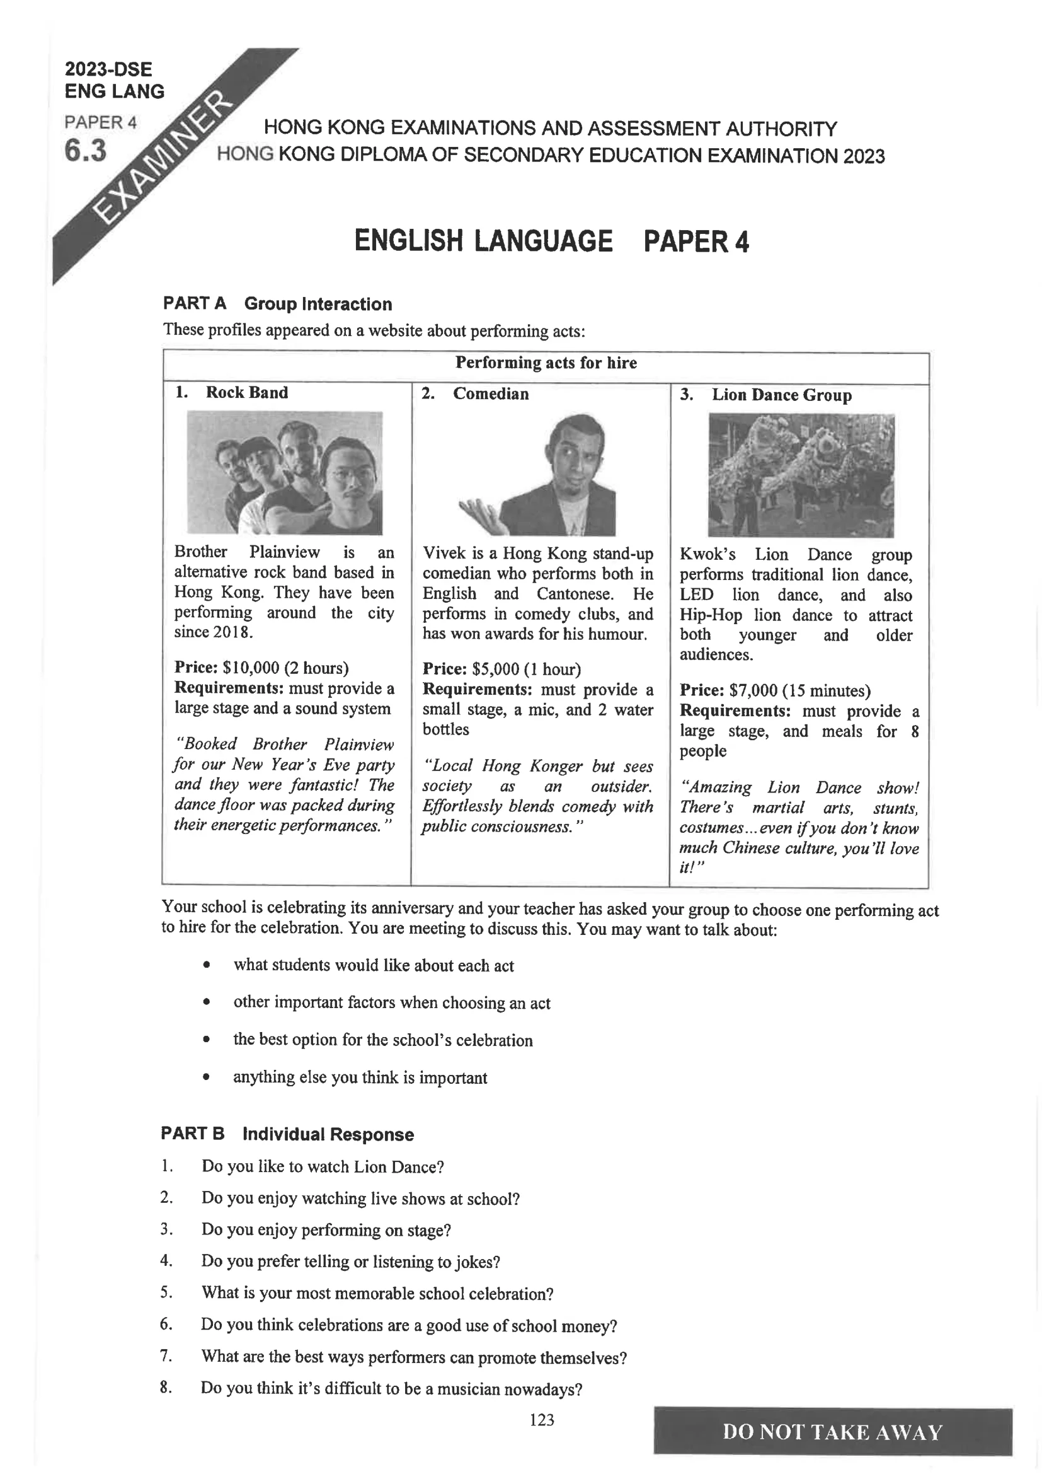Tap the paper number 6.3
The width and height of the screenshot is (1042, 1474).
click(85, 151)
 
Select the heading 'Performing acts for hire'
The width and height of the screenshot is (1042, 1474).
click(546, 363)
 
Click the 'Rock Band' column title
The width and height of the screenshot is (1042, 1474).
click(246, 393)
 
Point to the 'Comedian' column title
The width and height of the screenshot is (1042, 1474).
click(491, 394)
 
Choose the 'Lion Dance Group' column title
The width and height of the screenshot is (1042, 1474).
click(781, 395)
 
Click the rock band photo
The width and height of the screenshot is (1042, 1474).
click(284, 473)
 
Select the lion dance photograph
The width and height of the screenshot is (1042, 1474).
click(801, 475)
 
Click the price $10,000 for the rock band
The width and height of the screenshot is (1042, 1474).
click(253, 668)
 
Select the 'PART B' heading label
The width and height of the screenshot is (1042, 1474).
click(193, 1134)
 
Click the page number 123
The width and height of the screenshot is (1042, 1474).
click(542, 1420)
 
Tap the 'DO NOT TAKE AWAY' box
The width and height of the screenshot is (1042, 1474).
click(832, 1432)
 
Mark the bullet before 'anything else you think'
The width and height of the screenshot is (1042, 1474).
click(206, 1077)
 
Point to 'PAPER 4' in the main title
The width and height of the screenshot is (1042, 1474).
click(696, 242)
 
